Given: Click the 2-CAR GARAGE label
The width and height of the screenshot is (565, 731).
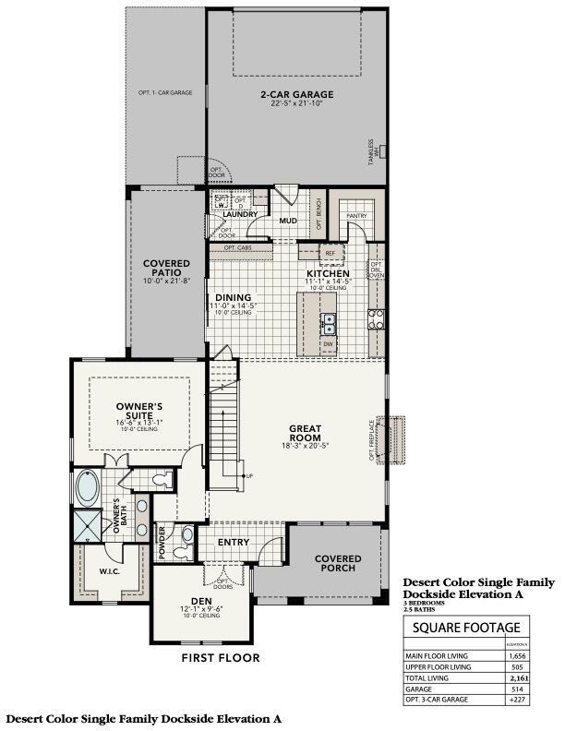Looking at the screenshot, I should [296, 94].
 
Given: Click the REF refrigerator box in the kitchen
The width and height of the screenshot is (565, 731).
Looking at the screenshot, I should [330, 252].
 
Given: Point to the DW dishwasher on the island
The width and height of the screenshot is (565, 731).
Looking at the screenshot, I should [328, 344].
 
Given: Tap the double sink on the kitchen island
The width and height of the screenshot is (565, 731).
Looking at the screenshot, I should [328, 322].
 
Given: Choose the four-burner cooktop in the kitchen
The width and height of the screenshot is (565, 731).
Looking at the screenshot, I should [377, 319].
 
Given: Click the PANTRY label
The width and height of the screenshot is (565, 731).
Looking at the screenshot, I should [356, 217].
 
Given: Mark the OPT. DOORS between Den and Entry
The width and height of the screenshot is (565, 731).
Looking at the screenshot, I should [222, 583].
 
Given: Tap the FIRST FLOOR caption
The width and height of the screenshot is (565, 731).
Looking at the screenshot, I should [220, 658].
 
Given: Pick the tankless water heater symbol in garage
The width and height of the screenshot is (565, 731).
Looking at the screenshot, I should [382, 150].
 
